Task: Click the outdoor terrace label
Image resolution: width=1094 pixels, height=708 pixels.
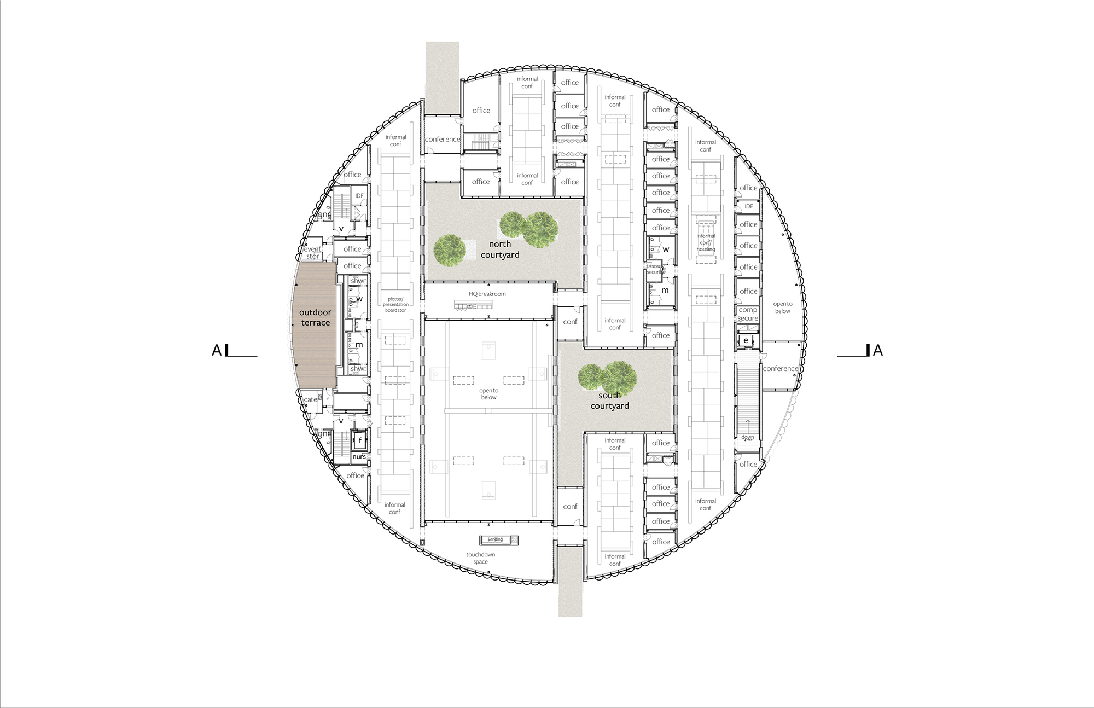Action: pos(315,317)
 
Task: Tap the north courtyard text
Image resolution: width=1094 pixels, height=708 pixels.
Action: pos(500,249)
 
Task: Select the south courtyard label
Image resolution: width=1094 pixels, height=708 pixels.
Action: pos(609,401)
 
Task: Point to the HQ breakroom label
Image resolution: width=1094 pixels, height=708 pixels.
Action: pos(487,294)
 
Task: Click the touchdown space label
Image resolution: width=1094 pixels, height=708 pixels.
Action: pos(480,558)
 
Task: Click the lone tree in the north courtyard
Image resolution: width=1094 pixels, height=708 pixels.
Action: pos(450,251)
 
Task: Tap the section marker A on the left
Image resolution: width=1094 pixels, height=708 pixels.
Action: pos(217,350)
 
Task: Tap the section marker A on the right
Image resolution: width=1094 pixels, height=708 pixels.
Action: pos(877,350)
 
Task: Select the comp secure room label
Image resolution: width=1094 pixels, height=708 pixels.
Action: pos(747,314)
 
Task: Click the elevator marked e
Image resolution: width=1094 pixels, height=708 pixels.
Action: pos(746,340)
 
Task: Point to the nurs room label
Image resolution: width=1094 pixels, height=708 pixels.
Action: pos(359,457)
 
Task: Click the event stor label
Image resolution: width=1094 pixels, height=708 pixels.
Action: pos(312,252)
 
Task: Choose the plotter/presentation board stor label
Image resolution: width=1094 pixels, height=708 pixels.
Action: pos(395,305)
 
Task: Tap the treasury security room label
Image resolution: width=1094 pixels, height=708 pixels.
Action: pos(655,269)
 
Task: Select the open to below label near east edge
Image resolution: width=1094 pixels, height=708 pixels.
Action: pos(782,307)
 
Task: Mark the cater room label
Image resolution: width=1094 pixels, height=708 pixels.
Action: pos(311,399)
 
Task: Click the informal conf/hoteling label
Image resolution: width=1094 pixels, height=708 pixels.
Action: pos(706,242)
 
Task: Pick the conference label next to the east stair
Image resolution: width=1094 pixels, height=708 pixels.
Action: pos(781,368)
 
